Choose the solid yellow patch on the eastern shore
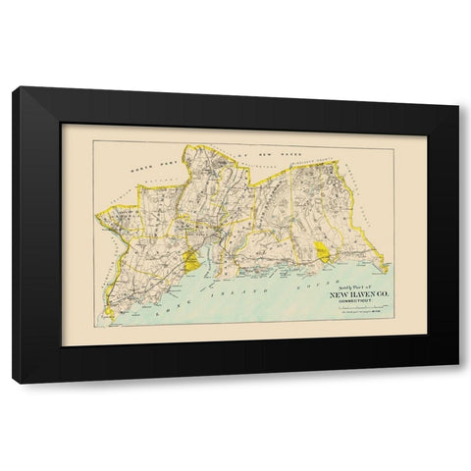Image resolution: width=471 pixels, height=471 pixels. point(322,251)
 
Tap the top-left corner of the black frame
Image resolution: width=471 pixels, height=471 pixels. point(13,88)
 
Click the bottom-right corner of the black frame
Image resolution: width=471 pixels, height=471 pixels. point(457,381)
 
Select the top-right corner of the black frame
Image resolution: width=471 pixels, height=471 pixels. point(457,103)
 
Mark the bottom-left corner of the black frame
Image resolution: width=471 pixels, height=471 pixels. point(13,381)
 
